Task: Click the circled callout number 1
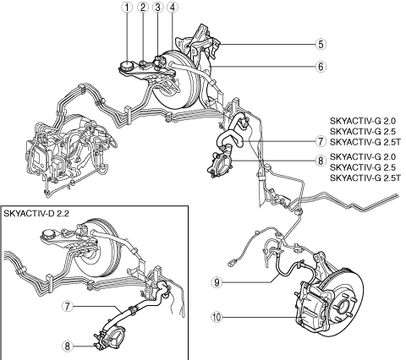127,8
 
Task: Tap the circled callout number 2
143,8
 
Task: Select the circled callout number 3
157,8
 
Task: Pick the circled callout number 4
173,8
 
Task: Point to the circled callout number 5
321,44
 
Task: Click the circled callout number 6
321,67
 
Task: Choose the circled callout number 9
217,282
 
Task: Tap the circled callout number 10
217,318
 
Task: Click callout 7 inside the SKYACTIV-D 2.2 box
67,306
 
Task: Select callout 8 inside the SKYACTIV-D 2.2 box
67,346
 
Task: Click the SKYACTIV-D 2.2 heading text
36,214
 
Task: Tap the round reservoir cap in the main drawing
126,67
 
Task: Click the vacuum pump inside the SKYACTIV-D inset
111,337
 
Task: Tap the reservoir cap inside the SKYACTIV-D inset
48,234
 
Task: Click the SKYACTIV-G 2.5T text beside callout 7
365,142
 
